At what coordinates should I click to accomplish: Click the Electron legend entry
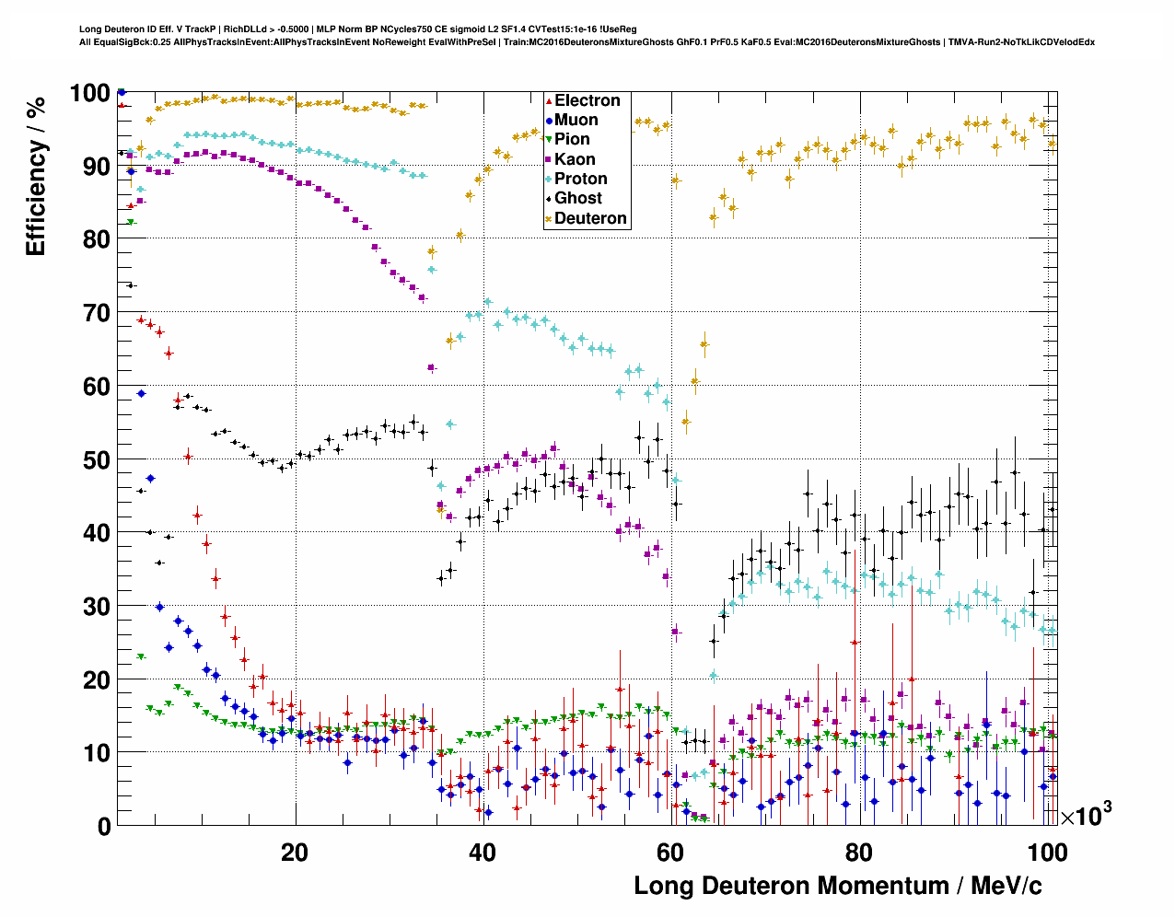pyautogui.click(x=587, y=100)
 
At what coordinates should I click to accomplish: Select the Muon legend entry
pyautogui.click(x=576, y=120)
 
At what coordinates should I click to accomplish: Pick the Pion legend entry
pyautogui.click(x=571, y=139)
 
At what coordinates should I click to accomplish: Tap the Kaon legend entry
pyautogui.click(x=574, y=159)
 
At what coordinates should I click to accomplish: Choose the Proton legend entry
pyautogui.click(x=580, y=179)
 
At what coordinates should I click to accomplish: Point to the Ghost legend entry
pyautogui.click(x=577, y=198)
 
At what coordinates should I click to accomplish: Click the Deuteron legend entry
pyautogui.click(x=589, y=218)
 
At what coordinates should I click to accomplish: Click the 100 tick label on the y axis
pyautogui.click(x=89, y=93)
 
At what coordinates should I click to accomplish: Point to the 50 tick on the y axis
pyautogui.click(x=96, y=459)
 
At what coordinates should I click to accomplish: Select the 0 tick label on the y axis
pyautogui.click(x=103, y=826)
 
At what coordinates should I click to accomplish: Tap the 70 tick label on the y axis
pyautogui.click(x=96, y=313)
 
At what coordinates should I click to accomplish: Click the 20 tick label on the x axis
pyautogui.click(x=295, y=853)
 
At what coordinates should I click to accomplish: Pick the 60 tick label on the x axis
pyautogui.click(x=670, y=853)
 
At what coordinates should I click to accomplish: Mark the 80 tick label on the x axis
pyautogui.click(x=858, y=853)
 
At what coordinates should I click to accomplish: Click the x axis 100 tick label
pyautogui.click(x=1047, y=853)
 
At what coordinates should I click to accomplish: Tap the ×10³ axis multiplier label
pyautogui.click(x=1086, y=815)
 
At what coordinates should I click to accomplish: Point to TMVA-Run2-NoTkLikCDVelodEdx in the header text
pyautogui.click(x=1021, y=41)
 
